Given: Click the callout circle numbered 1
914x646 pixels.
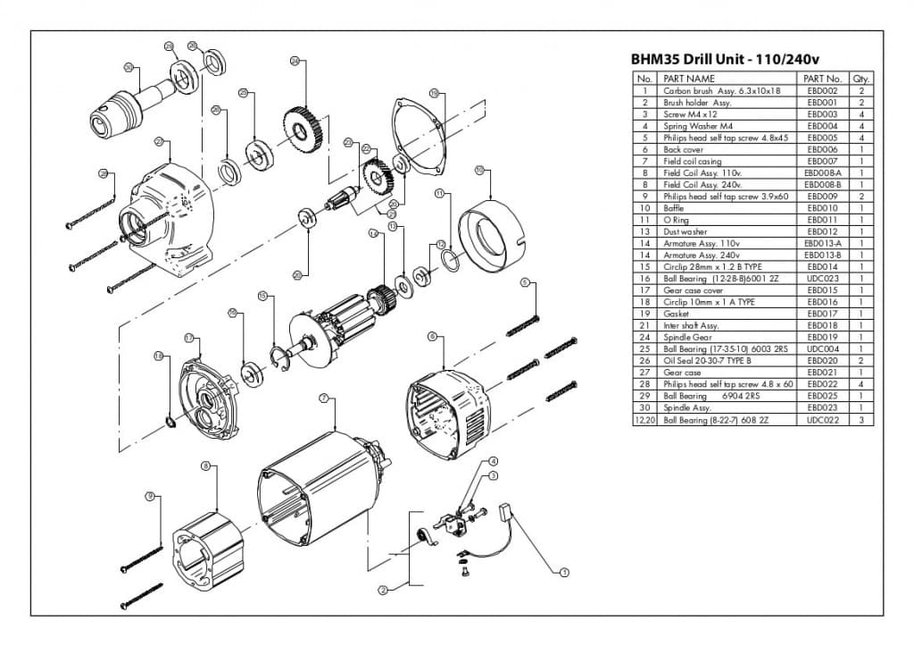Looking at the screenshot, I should pos(564,571).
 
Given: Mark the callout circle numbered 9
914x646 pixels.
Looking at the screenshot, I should pos(150,495).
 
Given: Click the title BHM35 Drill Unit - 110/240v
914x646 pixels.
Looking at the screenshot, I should pos(725,60).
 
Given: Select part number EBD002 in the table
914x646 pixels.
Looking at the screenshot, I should pos(822,91).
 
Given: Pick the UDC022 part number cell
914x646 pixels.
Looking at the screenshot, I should pos(822,419).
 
